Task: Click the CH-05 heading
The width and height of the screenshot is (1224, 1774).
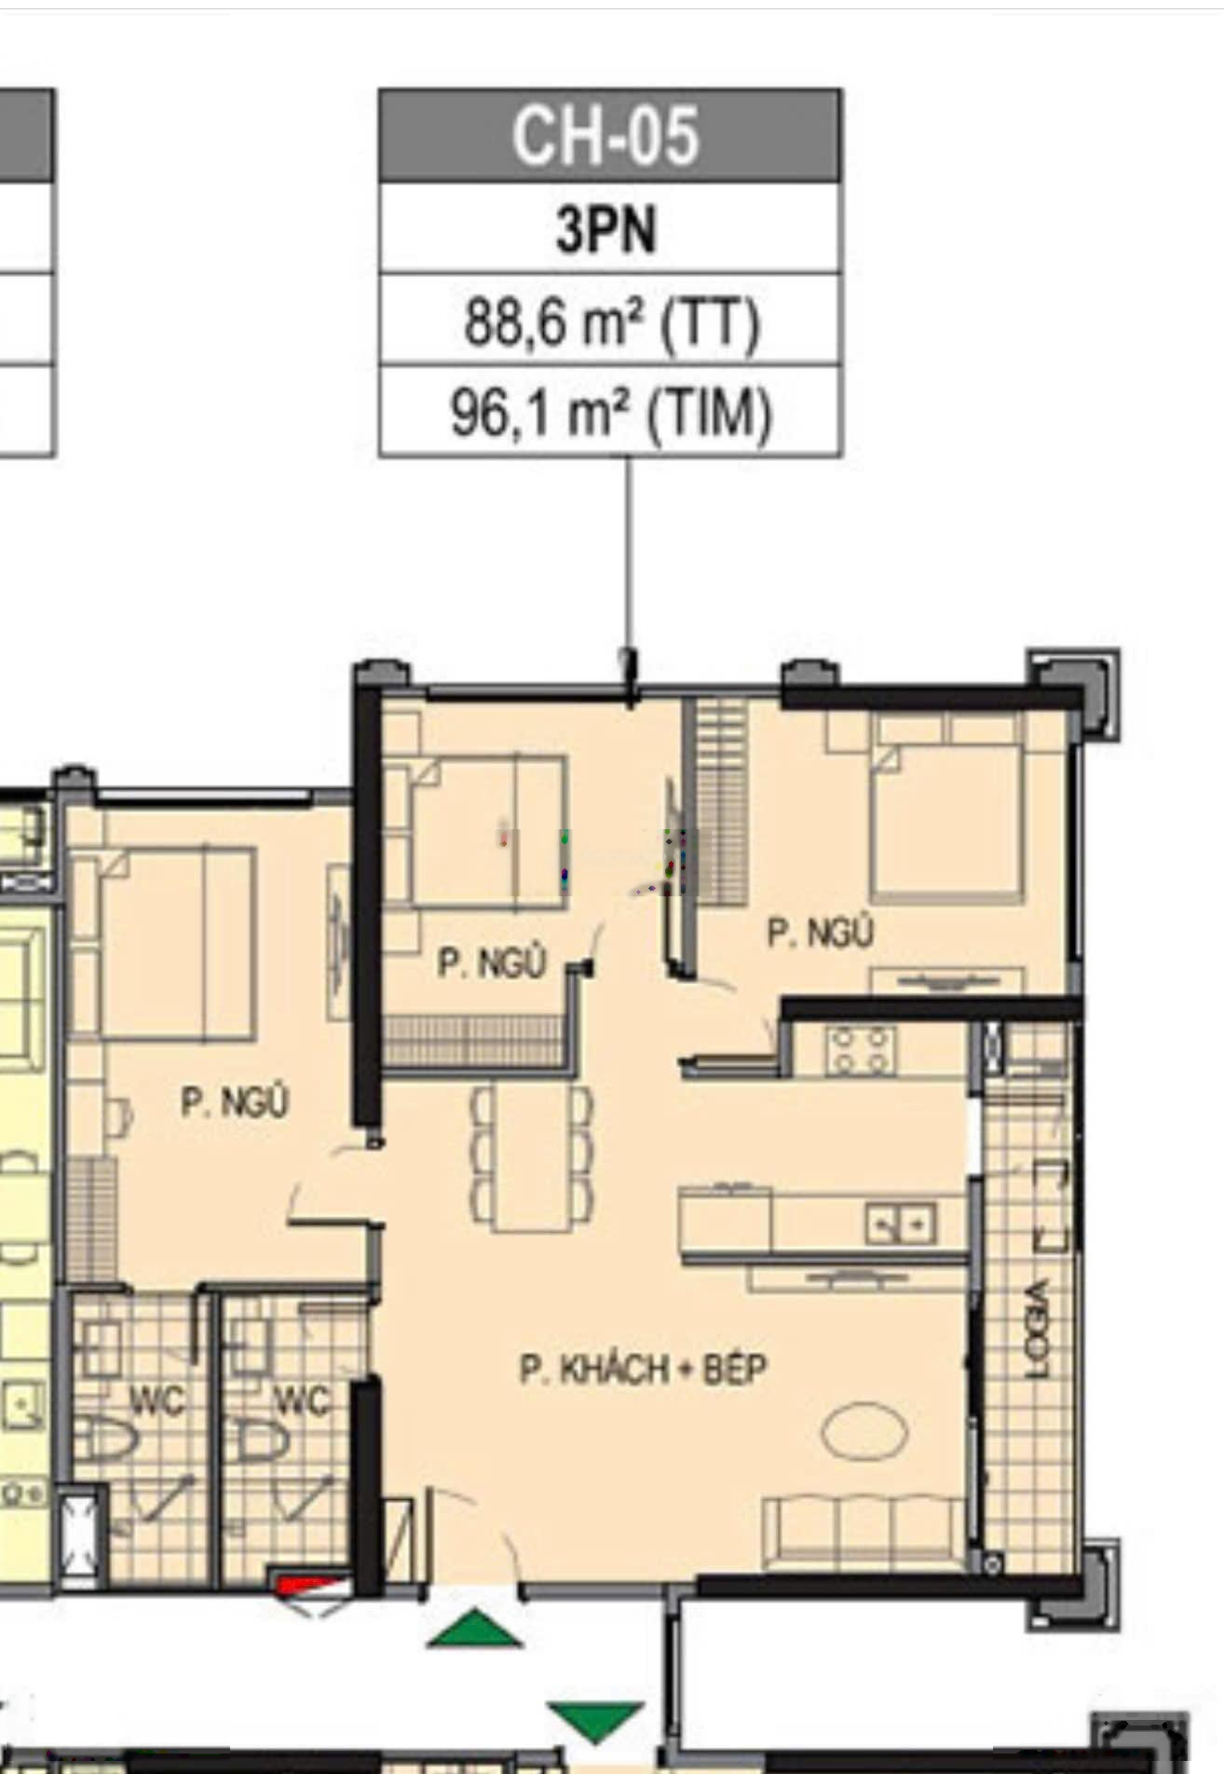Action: coord(605,136)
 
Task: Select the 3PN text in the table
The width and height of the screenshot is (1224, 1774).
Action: coord(606,229)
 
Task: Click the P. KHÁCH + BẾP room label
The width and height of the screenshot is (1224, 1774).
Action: coord(644,1370)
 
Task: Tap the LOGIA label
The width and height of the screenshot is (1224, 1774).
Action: coord(1035,1329)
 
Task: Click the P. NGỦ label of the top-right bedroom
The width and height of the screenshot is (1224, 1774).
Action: coord(820,933)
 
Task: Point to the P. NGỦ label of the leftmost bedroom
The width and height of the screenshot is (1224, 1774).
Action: coord(235,1102)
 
